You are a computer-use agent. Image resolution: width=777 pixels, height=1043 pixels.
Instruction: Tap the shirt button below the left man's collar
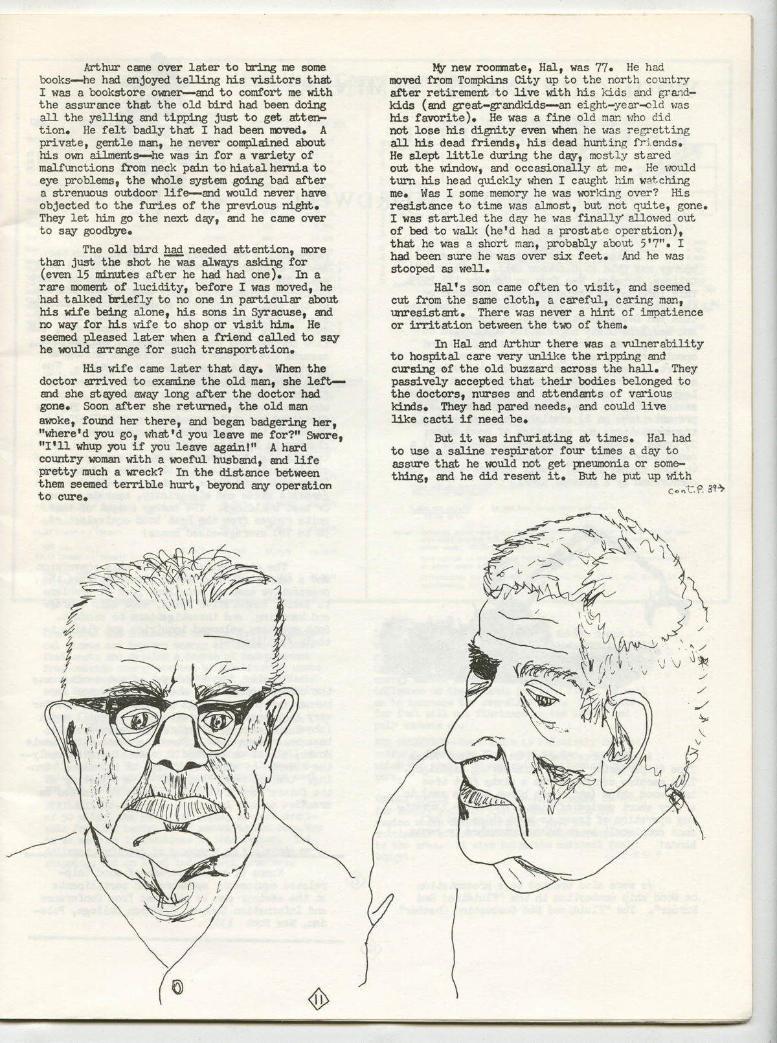177,987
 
